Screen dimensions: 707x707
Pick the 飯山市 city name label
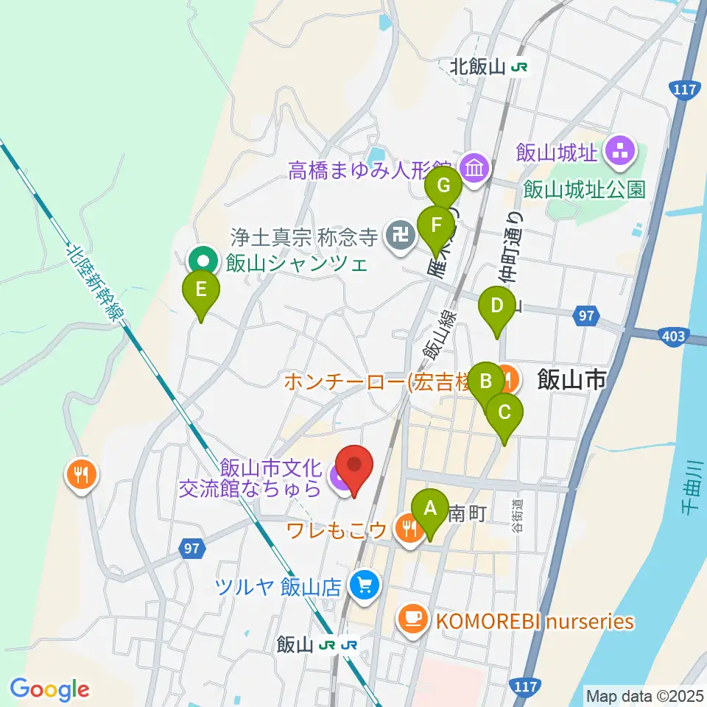(572, 380)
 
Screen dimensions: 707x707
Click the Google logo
(49, 689)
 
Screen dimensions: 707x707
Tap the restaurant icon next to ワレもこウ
(407, 527)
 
